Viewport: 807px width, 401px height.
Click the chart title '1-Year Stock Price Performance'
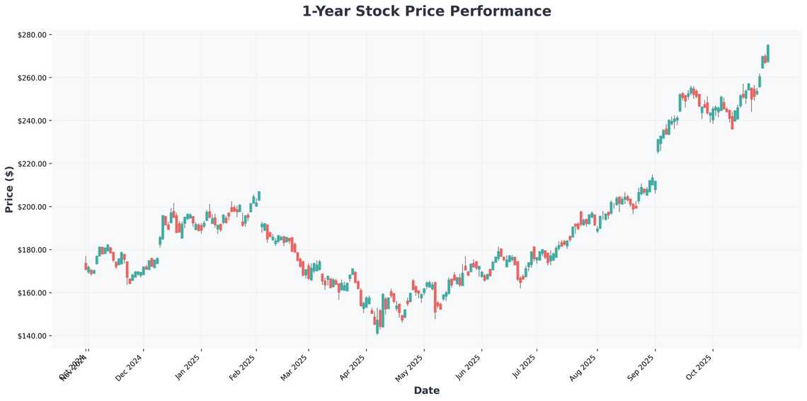pyautogui.click(x=426, y=11)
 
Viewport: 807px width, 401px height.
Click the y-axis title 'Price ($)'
pyautogui.click(x=9, y=189)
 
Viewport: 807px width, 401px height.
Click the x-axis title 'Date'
pyautogui.click(x=426, y=390)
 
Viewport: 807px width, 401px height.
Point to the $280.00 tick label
pyautogui.click(x=33, y=35)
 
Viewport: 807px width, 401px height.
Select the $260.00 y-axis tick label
pyautogui.click(x=33, y=78)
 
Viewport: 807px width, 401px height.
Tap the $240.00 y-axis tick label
pyautogui.click(x=33, y=120)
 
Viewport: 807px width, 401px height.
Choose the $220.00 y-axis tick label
pyautogui.click(x=33, y=164)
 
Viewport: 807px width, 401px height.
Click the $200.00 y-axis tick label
pyautogui.click(x=33, y=207)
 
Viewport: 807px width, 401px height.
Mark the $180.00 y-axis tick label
pyautogui.click(x=33, y=250)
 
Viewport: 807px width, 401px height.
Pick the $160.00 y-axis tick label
pyautogui.click(x=33, y=293)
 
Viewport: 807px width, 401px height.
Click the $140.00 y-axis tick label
pyautogui.click(x=33, y=336)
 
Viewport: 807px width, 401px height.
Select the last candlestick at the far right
pyautogui.click(x=768, y=53)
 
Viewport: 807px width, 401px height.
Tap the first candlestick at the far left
pyautogui.click(x=86, y=266)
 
